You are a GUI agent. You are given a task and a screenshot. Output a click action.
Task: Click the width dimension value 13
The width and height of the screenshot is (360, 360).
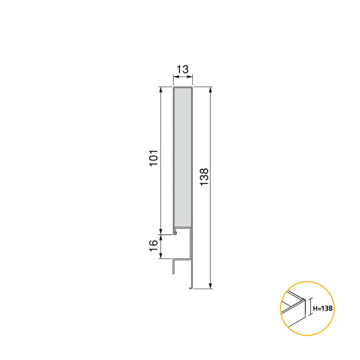(x=183, y=69)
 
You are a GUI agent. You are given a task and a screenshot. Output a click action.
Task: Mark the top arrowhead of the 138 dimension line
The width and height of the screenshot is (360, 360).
(x=210, y=90)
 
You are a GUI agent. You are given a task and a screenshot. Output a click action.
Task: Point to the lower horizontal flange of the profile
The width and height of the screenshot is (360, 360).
(x=182, y=259)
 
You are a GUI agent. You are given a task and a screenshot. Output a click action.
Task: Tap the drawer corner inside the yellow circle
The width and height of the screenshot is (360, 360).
(x=303, y=298)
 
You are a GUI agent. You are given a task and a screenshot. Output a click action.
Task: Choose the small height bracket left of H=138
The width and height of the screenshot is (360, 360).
(x=310, y=309)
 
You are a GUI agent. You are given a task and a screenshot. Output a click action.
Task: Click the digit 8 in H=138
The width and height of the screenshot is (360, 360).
(x=332, y=309)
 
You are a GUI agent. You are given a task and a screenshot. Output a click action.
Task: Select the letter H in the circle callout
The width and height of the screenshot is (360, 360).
(x=315, y=309)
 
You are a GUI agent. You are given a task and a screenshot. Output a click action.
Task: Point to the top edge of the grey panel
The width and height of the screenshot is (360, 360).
(x=183, y=88)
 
